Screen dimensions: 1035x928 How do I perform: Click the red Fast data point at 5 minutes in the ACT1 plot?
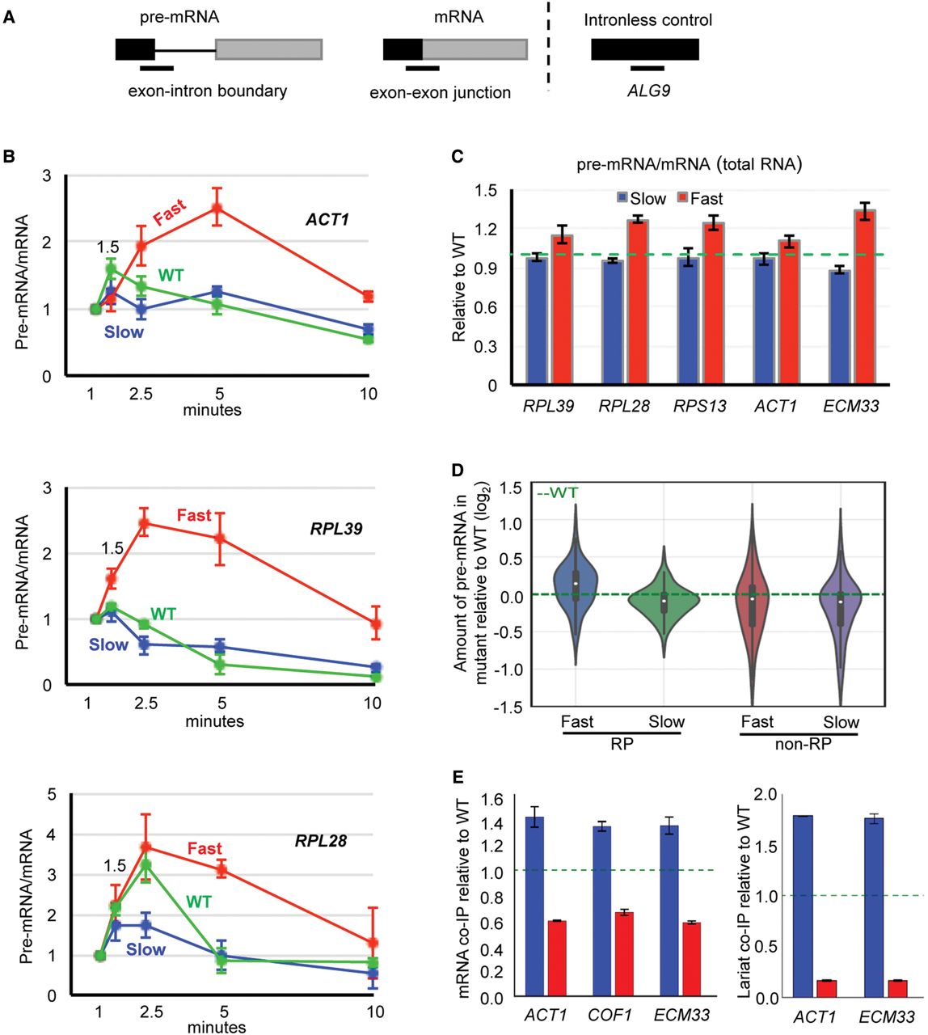tap(217, 208)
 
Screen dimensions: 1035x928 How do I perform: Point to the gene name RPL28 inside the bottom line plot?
tap(321, 841)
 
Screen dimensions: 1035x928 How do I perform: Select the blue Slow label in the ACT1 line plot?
tap(123, 332)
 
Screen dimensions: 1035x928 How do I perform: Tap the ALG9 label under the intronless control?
tap(648, 91)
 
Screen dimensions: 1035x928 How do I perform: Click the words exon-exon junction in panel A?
tap(440, 93)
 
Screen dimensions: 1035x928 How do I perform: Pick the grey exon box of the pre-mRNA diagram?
tap(268, 49)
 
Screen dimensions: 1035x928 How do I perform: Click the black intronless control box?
tap(644, 49)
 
